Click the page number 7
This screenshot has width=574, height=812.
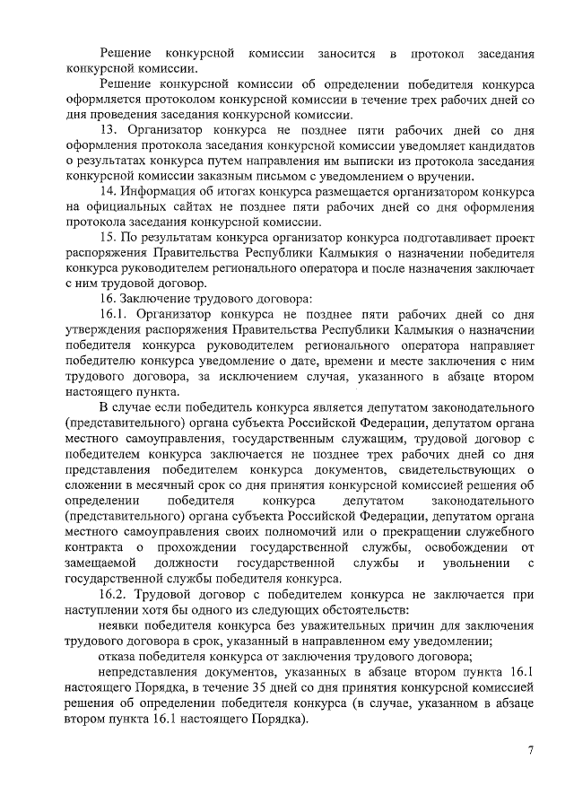click(x=530, y=751)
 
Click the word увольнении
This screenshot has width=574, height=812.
click(x=478, y=563)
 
